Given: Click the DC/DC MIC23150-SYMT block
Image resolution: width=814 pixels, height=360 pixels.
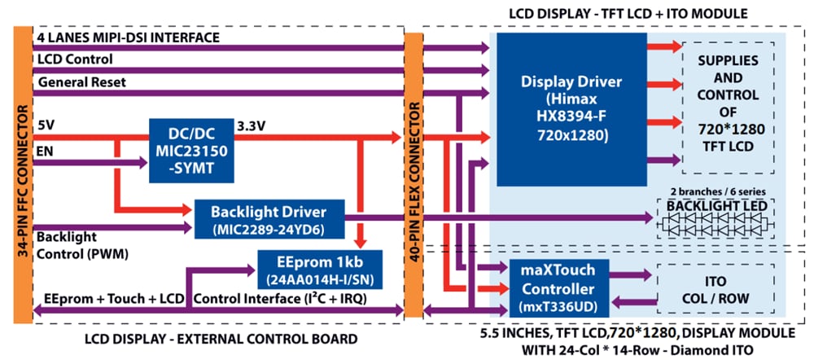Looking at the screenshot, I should pyautogui.click(x=191, y=150).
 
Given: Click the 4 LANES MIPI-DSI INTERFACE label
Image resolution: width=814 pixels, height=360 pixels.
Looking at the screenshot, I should pyautogui.click(x=127, y=37).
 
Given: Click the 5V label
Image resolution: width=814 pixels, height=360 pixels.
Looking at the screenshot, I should pyautogui.click(x=46, y=125).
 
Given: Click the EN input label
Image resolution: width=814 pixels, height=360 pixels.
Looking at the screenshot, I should pyautogui.click(x=45, y=150).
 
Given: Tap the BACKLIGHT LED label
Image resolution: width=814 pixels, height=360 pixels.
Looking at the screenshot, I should pyautogui.click(x=716, y=206).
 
